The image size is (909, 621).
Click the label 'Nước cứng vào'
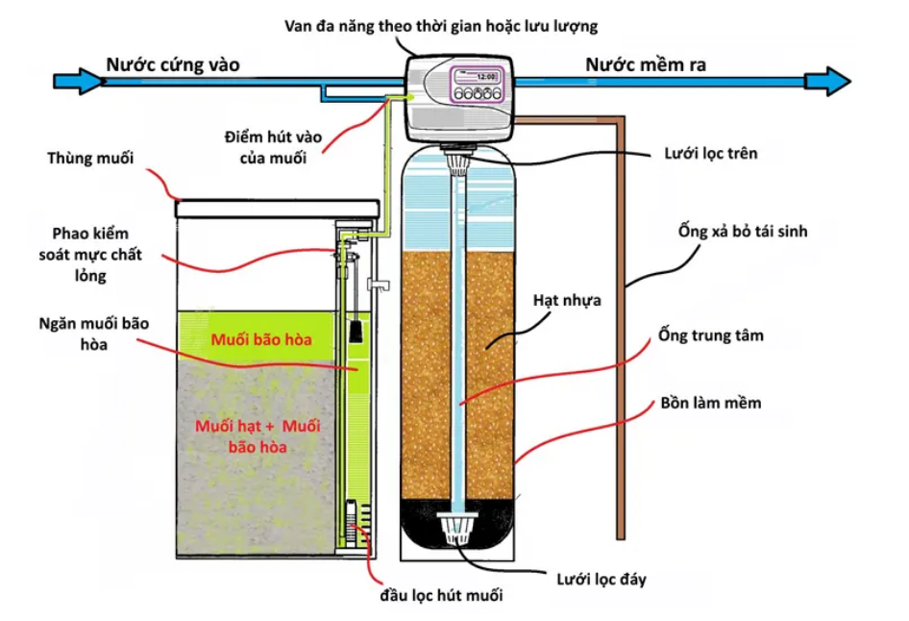[173, 64]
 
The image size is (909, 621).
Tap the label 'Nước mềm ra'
[647, 64]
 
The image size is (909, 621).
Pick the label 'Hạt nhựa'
[567, 301]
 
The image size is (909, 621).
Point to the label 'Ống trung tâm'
[711, 335]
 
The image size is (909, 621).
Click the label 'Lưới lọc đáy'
[602, 579]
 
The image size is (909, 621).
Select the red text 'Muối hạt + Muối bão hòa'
[258, 435]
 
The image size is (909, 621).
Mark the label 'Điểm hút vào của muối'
[266, 147]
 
